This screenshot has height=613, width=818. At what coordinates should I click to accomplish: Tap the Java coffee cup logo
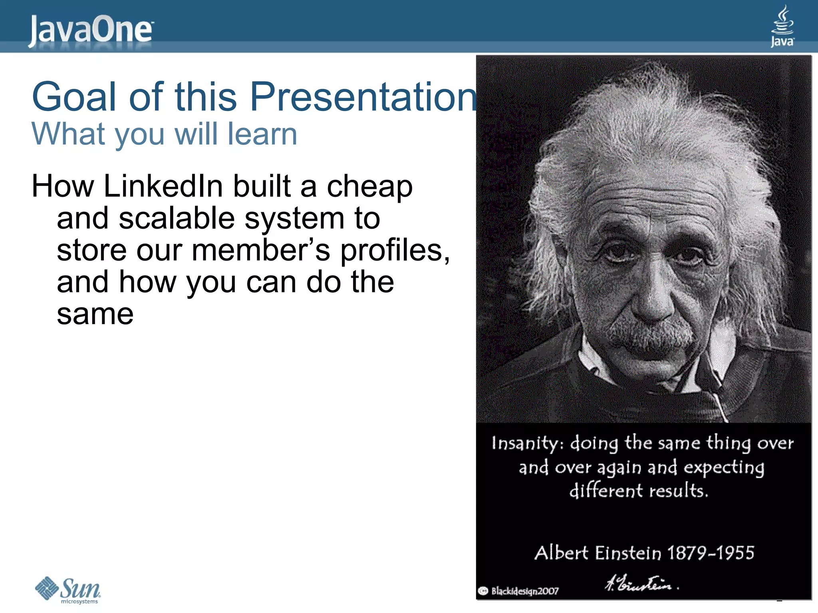(782, 26)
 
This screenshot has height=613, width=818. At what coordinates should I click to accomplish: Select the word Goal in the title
(74, 97)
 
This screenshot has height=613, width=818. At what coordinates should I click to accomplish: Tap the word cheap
(369, 187)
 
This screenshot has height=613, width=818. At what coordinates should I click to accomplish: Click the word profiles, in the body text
(395, 251)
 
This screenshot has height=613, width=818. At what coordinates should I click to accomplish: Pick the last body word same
(95, 314)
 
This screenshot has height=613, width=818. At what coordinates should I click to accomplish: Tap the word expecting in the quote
(724, 468)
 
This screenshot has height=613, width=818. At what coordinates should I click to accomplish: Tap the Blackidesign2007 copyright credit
(519, 591)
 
